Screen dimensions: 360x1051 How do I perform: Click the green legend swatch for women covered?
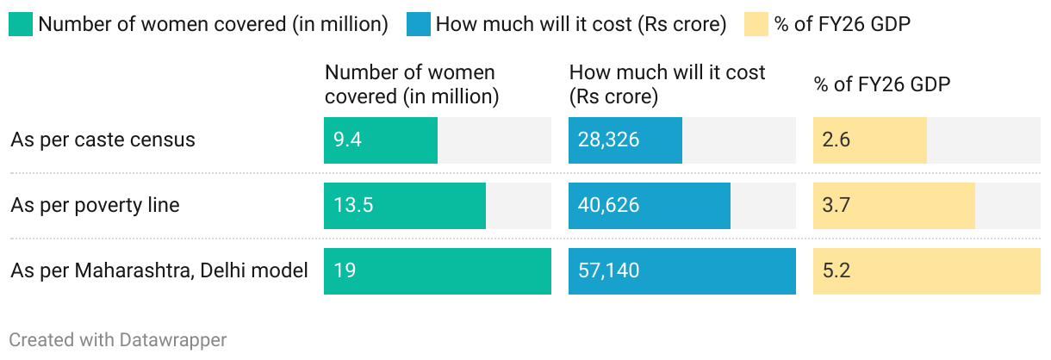(x=21, y=24)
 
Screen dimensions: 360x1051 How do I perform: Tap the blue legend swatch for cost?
(x=419, y=24)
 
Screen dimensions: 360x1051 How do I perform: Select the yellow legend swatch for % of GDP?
(x=756, y=24)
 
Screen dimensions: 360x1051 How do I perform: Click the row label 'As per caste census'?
(x=103, y=140)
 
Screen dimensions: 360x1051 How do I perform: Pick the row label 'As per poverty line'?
(x=95, y=205)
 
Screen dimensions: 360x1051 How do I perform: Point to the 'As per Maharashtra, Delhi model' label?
(x=159, y=270)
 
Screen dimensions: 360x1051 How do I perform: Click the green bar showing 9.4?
(x=381, y=140)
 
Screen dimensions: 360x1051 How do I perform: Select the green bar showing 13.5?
(x=405, y=206)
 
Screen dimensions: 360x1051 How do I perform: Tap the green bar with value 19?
(x=438, y=271)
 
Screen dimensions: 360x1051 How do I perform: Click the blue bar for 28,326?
(x=625, y=140)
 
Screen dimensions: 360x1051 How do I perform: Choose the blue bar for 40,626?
(x=650, y=206)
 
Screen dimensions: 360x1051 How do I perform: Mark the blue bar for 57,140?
(x=682, y=271)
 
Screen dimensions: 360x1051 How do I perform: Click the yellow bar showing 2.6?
(x=870, y=140)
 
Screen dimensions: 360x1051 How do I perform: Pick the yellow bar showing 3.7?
(x=894, y=206)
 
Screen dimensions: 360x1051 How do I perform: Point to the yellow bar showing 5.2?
(x=927, y=271)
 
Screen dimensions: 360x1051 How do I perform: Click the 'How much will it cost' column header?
(x=667, y=84)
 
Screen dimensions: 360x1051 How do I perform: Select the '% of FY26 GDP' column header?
(x=882, y=84)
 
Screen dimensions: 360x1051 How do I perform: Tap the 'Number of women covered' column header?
(x=412, y=84)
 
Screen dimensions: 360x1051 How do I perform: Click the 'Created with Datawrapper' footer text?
(x=118, y=340)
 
